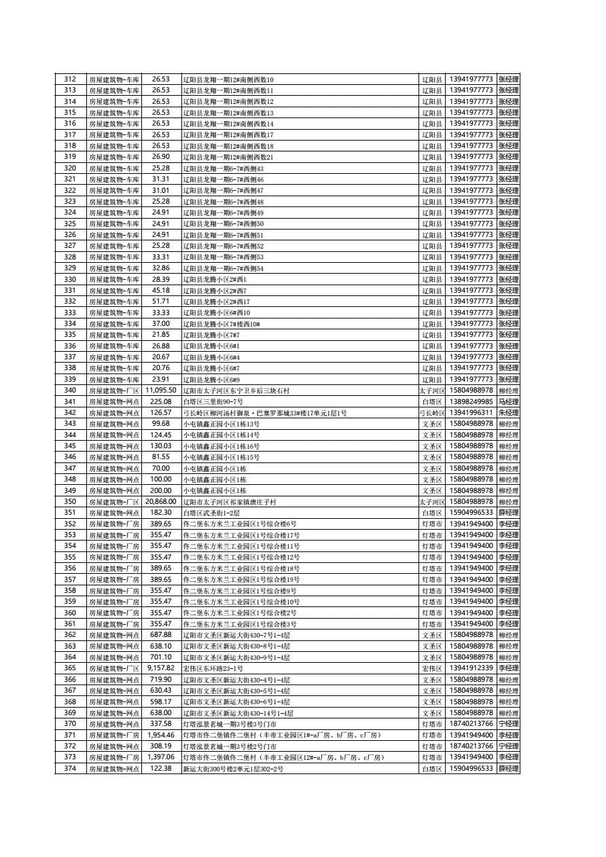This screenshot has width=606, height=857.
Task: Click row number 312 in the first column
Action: tap(70, 79)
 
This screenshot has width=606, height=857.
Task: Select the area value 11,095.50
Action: tap(160, 390)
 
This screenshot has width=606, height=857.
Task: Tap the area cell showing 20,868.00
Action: tap(160, 502)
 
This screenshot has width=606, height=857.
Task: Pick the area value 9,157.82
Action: tap(160, 668)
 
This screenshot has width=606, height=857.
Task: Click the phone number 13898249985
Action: tap(471, 402)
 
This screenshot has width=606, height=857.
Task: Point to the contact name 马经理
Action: tap(508, 402)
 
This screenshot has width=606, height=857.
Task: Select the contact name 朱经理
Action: tap(508, 413)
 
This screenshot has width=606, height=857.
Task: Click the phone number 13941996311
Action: tap(471, 413)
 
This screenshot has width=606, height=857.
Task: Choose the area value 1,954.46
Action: tap(160, 735)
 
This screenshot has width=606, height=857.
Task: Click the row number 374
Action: tap(70, 768)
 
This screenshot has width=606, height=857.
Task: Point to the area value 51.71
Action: tap(160, 302)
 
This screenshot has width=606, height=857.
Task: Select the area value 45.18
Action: tap(160, 291)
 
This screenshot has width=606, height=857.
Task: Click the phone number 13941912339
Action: tap(471, 668)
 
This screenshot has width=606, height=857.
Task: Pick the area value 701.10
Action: tap(160, 657)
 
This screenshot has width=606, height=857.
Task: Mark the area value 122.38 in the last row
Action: tap(160, 768)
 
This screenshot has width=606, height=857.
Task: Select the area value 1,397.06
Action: tap(160, 757)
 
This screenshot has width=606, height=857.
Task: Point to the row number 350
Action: tap(70, 502)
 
